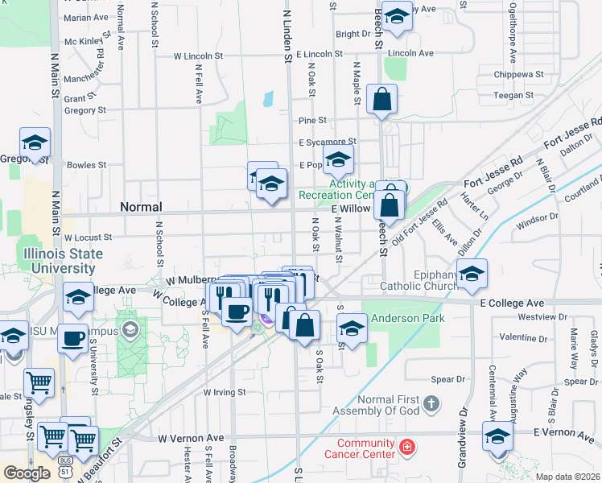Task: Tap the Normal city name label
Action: coord(141,207)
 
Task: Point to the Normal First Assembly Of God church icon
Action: coord(432,402)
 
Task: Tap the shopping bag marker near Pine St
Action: coord(382,101)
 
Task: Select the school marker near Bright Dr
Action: coord(397,17)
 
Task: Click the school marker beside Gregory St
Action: coord(35,143)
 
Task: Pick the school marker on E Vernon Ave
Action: coord(498,437)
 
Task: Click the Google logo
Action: coord(27,473)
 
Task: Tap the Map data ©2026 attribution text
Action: coord(567,477)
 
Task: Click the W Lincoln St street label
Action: coord(198,56)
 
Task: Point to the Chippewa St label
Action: coord(519,74)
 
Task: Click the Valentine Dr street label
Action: coord(522,337)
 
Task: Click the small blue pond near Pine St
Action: coord(266,101)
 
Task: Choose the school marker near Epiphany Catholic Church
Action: coord(472,275)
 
